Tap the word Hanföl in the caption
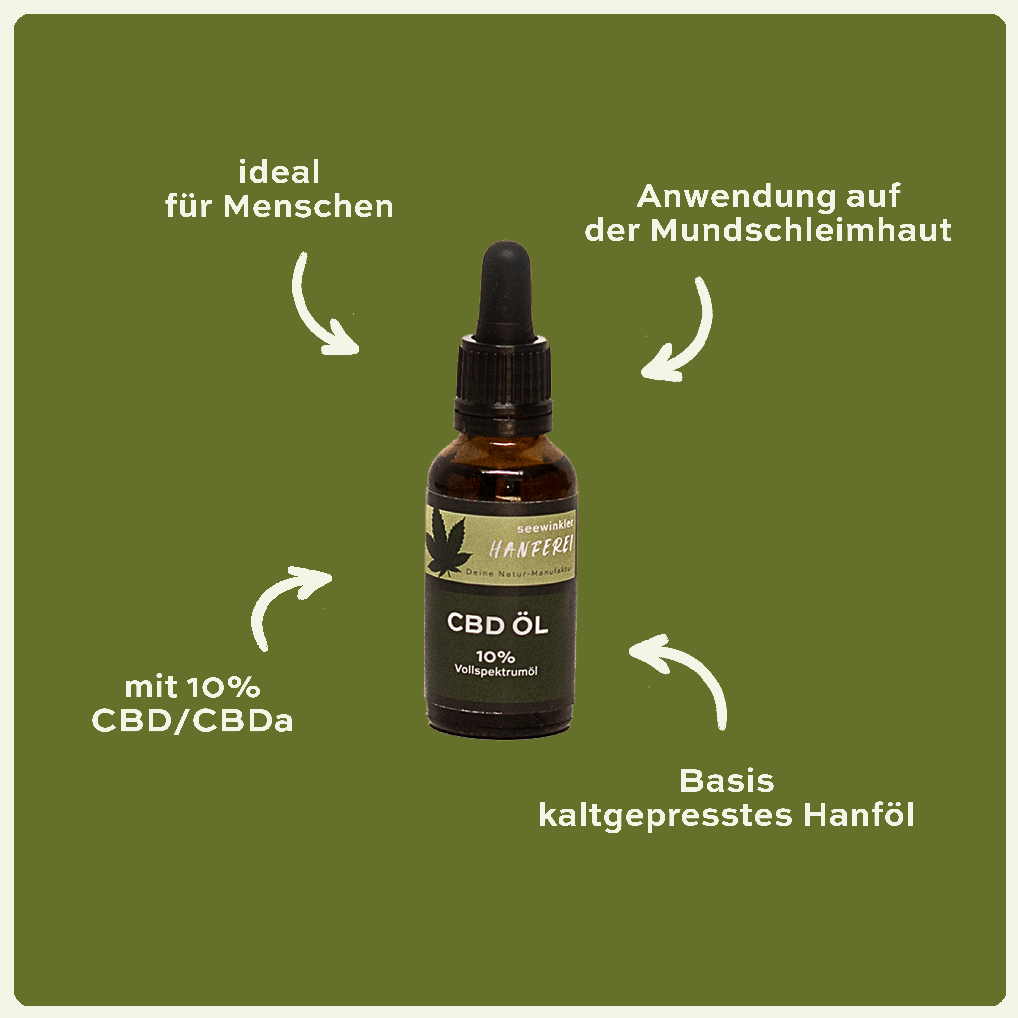click(859, 814)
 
